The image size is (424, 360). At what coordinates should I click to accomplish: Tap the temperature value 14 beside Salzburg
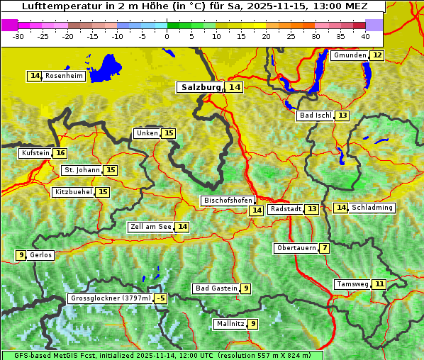pyautogui.click(x=234, y=87)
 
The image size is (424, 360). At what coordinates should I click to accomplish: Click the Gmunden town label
pyautogui.click(x=350, y=55)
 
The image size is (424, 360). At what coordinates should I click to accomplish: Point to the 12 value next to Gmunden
pyautogui.click(x=377, y=55)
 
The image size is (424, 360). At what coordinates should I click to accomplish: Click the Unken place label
pyautogui.click(x=147, y=133)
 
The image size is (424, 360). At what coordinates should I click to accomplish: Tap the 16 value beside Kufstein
pyautogui.click(x=60, y=153)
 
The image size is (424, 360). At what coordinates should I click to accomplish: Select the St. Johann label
pyautogui.click(x=80, y=170)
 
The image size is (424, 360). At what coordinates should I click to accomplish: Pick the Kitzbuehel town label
pyautogui.click(x=73, y=192)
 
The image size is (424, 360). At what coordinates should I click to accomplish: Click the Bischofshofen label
pyautogui.click(x=228, y=201)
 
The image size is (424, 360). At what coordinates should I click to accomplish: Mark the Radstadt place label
pyautogui.click(x=285, y=209)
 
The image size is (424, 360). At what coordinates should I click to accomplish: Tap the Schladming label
pyautogui.click(x=372, y=208)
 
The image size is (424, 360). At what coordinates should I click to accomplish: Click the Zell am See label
pyautogui.click(x=151, y=227)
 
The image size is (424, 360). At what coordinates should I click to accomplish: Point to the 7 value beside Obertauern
pyautogui.click(x=324, y=248)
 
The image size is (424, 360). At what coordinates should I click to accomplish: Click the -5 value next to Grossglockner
pyautogui.click(x=161, y=298)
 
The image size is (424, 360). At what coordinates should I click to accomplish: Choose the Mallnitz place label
pyautogui.click(x=230, y=324)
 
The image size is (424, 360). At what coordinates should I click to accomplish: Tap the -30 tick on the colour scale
pyautogui.click(x=19, y=36)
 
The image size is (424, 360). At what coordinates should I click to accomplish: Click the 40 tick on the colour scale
pyautogui.click(x=365, y=36)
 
